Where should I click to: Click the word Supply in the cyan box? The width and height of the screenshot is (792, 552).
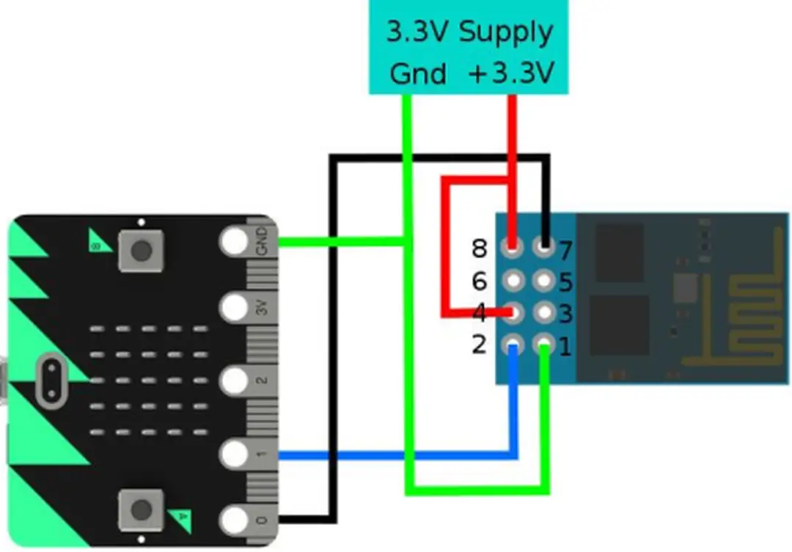click(505, 32)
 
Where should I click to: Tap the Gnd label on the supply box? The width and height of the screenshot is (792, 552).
click(417, 73)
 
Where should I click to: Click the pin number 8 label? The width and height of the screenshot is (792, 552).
click(480, 249)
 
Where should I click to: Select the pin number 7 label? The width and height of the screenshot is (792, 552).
click(565, 251)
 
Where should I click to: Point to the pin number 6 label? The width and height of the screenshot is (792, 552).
click(480, 281)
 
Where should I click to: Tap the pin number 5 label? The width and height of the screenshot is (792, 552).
click(565, 282)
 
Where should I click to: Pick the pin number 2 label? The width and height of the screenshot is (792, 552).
click(480, 343)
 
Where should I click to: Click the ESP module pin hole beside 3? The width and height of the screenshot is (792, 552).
click(544, 312)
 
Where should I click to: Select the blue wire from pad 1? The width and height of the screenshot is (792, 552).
click(396, 455)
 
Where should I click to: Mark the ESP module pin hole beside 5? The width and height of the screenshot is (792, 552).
click(544, 280)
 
